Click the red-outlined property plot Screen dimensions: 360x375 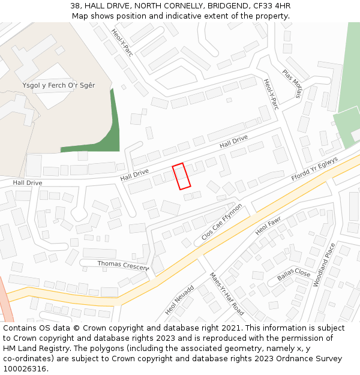(x=181, y=176)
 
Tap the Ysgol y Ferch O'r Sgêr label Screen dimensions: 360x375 (x=59, y=85)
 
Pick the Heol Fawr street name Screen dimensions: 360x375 (x=268, y=226)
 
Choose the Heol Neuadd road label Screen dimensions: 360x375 (x=179, y=300)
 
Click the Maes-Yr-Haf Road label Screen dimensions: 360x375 (x=226, y=294)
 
